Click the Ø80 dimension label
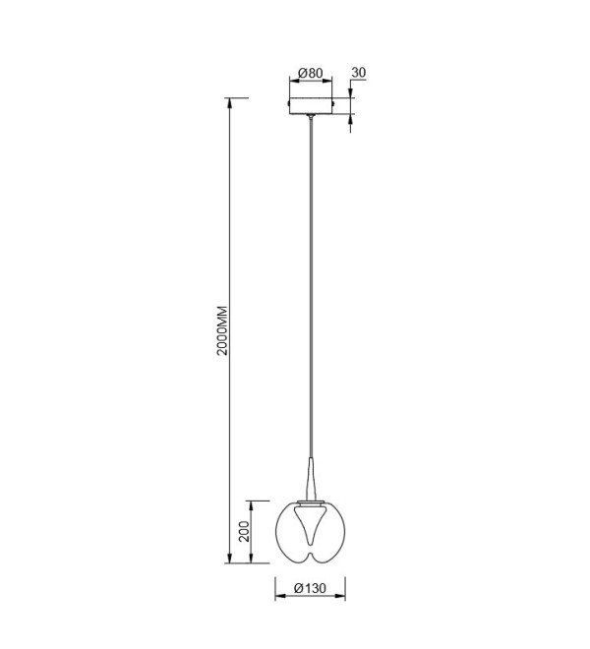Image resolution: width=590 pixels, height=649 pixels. point(310,73)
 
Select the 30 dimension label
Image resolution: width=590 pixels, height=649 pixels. point(359,72)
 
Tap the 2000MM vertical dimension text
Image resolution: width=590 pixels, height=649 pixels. point(223,330)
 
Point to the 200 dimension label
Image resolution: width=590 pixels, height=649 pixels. point(244,531)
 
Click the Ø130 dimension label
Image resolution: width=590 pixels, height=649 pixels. point(310,588)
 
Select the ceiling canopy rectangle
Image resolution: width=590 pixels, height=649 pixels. point(311,105)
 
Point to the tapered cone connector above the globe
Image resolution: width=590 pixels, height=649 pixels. point(311,479)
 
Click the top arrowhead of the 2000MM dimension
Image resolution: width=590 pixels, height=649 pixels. point(229,103)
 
